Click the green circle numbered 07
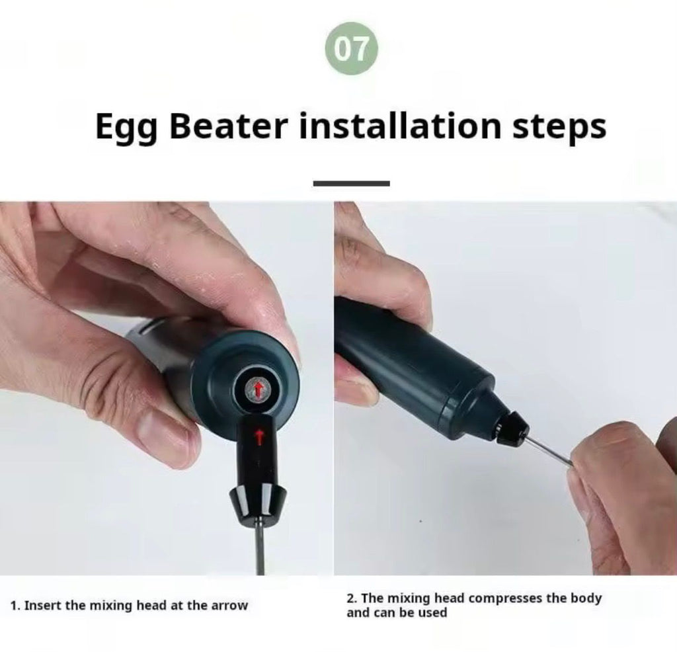[352, 49]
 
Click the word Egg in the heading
[126, 128]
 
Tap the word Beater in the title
[229, 126]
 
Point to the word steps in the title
[559, 128]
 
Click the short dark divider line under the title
[352, 184]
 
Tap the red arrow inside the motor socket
[259, 389]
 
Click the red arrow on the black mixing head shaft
[259, 436]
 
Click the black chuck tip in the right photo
[512, 427]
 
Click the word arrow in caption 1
[229, 606]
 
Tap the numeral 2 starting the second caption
[350, 598]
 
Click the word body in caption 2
[586, 599]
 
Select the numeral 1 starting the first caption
[14, 606]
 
